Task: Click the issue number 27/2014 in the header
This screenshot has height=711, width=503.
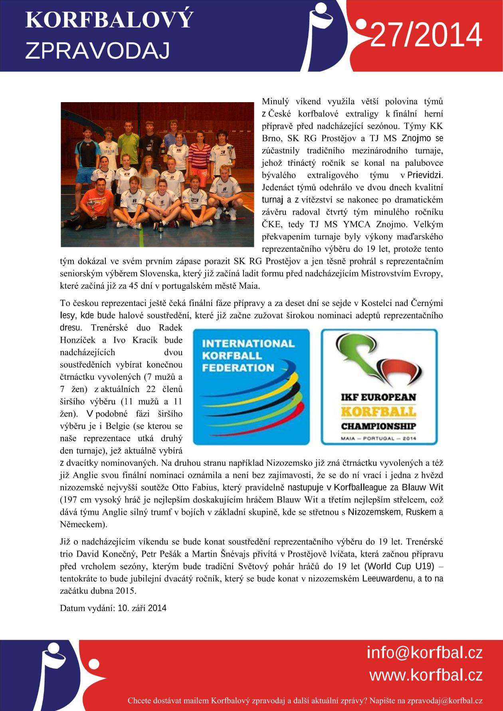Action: pos(426,36)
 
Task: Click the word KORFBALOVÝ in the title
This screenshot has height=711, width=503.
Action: pos(109,20)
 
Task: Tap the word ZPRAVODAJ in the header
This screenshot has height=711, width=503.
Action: pos(98,51)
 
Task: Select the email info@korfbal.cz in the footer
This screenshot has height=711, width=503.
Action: pos(425,653)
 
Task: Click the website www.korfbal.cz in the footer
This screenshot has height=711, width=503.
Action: pos(426,675)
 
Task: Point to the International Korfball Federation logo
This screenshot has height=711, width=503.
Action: pos(252,387)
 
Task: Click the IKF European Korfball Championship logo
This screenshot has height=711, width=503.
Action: pos(379,387)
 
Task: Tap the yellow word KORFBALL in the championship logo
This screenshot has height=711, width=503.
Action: pos(378,411)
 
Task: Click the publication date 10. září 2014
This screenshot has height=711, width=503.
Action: pos(142,608)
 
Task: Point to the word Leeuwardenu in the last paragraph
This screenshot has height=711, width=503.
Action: pos(387,578)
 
